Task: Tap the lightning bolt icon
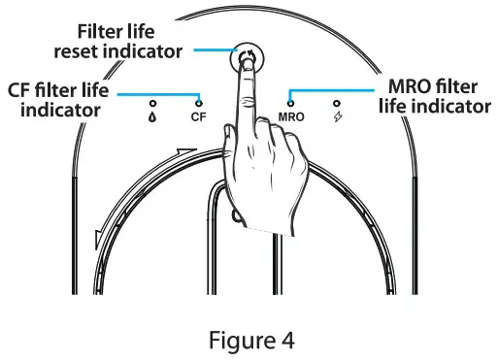click(338, 115)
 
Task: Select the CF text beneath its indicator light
click(198, 115)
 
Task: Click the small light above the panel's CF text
click(198, 100)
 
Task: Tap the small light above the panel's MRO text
click(290, 100)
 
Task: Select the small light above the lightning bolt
click(338, 100)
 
